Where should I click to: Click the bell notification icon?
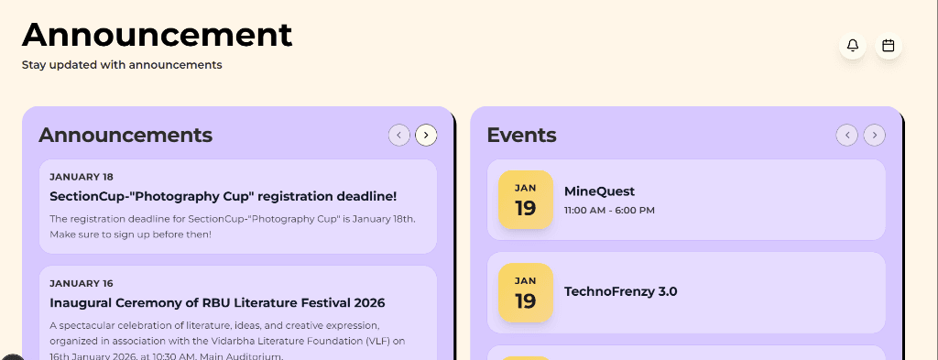coord(853,46)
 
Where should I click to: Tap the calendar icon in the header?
coord(888,46)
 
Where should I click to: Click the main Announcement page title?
coord(157,34)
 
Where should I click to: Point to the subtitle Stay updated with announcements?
coord(122,65)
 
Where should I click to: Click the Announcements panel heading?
coord(125,135)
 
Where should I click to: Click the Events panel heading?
coord(521,135)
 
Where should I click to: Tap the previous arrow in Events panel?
coord(847,136)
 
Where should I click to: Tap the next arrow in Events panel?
coord(875,136)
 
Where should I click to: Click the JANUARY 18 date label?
coord(82,177)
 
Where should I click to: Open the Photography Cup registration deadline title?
coord(223,196)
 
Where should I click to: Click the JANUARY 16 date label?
coord(82,284)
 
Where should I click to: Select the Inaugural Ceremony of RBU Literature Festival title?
coord(217,302)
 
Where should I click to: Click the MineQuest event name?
coord(599,191)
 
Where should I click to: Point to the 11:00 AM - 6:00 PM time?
coord(609,211)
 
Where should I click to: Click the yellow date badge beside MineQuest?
coord(525,200)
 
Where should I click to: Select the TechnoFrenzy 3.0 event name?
coord(620,291)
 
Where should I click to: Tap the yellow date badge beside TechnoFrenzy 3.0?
coord(525,293)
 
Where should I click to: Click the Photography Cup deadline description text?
coord(233,226)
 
